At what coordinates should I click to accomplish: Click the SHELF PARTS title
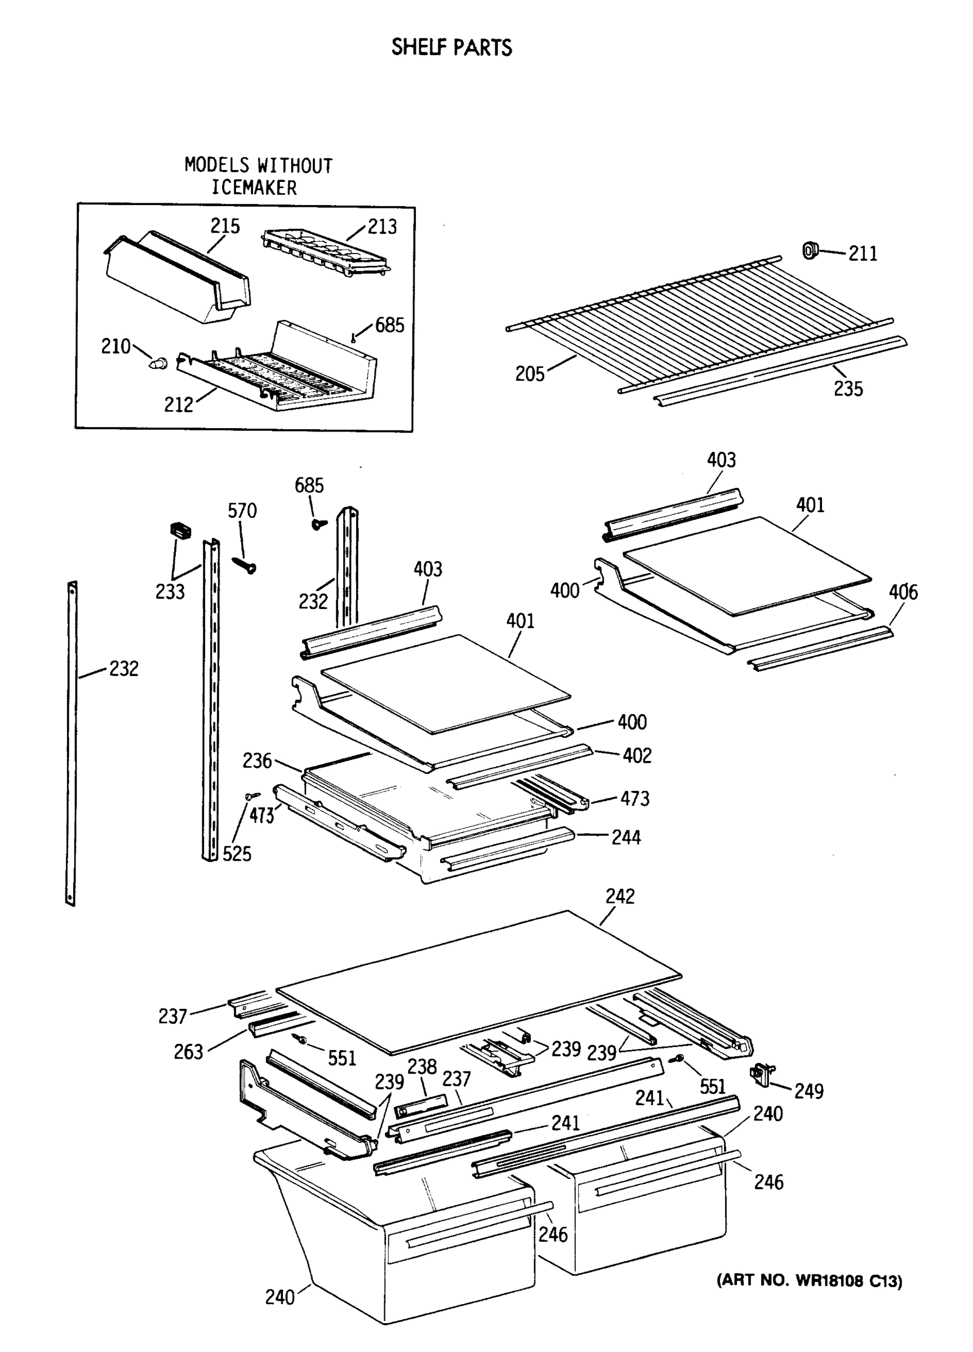[451, 48]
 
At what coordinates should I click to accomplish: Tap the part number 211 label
[863, 254]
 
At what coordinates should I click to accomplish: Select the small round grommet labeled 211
[810, 251]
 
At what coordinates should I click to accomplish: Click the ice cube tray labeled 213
[325, 253]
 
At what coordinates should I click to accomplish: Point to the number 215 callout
[225, 226]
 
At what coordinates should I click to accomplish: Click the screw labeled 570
[245, 564]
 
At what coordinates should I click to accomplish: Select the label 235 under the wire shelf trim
[848, 389]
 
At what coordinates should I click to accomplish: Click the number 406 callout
[903, 593]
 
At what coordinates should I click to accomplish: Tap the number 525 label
[237, 854]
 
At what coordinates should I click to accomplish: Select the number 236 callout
[257, 760]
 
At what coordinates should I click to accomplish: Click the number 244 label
[626, 838]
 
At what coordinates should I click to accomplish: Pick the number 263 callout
[188, 1052]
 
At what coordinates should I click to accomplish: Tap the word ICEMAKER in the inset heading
[255, 188]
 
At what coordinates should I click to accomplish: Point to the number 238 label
[422, 1066]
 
